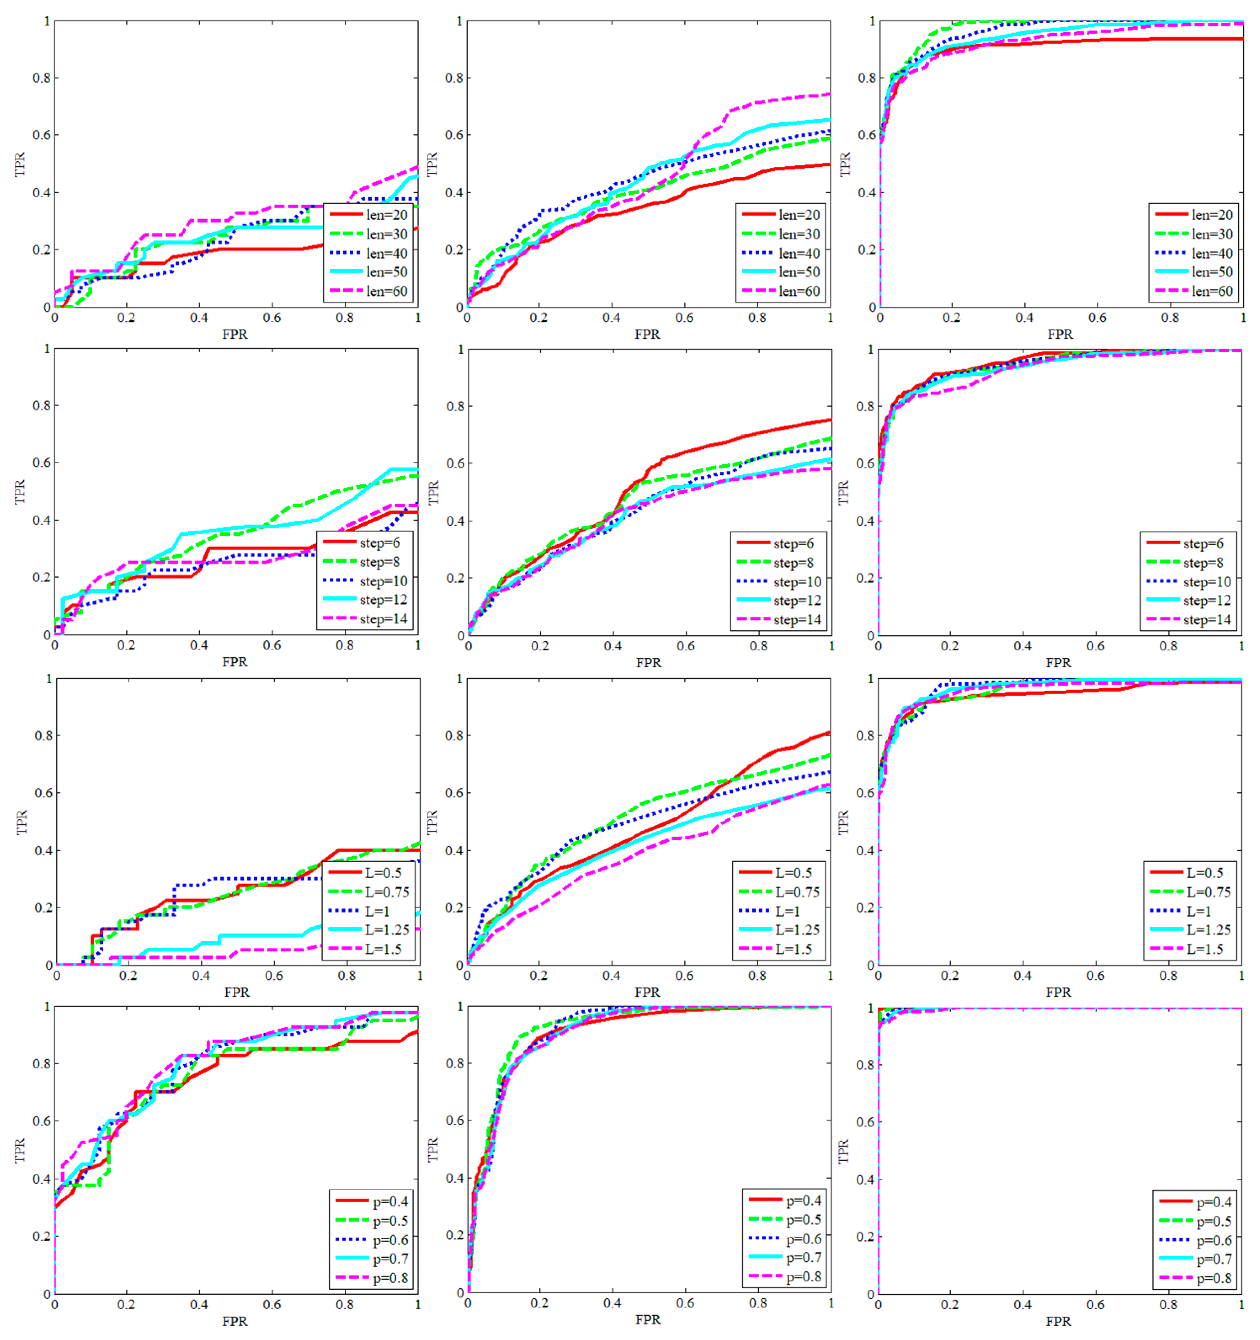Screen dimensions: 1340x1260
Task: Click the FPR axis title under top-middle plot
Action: (x=647, y=334)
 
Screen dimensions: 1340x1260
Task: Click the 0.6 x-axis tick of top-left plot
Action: (x=272, y=318)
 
